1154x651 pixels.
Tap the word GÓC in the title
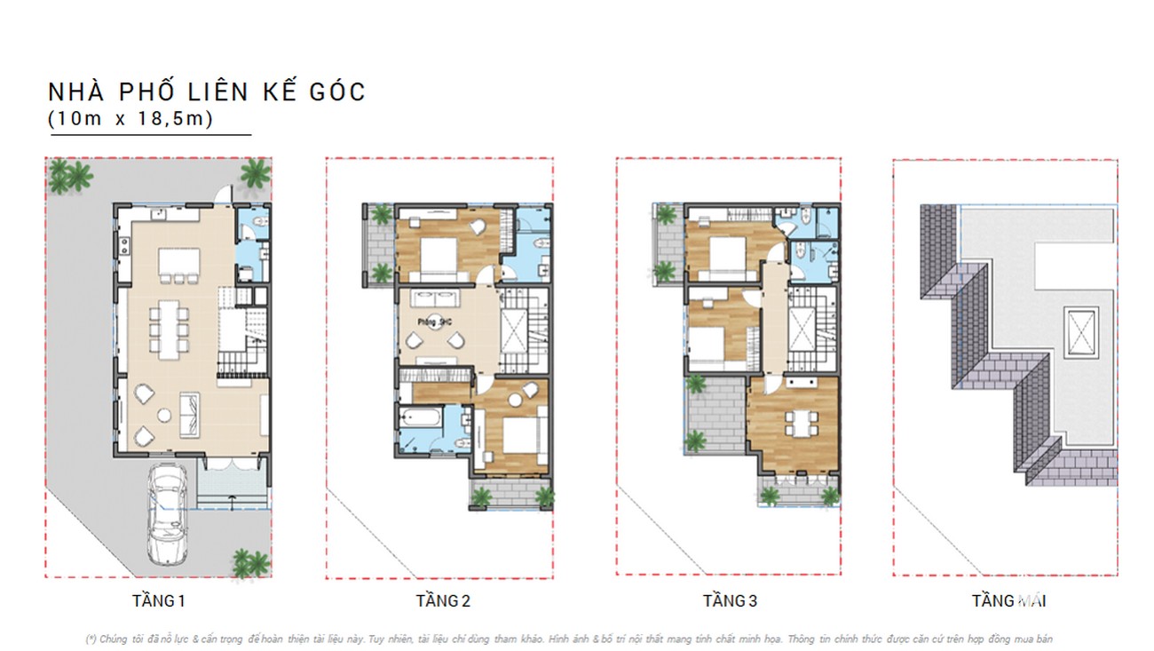tap(333, 92)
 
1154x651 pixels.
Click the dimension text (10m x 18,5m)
tap(131, 119)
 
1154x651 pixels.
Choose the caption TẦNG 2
tap(443, 601)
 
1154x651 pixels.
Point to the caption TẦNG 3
tap(730, 601)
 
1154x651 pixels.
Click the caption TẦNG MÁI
tap(1008, 601)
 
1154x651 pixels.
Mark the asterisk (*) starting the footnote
tap(91, 639)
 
